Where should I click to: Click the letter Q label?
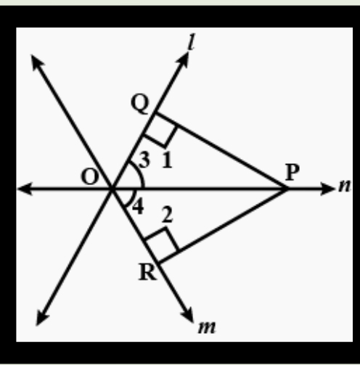click(140, 104)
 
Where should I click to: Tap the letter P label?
click(292, 172)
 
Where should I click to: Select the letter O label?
click(90, 177)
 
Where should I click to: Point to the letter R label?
click(147, 272)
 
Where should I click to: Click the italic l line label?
click(192, 42)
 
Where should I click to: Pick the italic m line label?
click(207, 327)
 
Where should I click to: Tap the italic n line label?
click(345, 186)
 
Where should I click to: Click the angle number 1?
click(167, 160)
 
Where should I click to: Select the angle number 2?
click(168, 215)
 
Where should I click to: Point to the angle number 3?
click(144, 160)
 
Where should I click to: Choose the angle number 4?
click(138, 207)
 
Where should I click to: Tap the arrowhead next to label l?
click(183, 60)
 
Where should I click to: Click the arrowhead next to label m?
click(187, 314)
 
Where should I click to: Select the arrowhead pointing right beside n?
click(327, 189)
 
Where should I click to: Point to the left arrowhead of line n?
click(25, 189)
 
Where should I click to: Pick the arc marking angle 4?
click(131, 198)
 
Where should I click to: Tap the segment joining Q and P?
click(221, 150)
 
